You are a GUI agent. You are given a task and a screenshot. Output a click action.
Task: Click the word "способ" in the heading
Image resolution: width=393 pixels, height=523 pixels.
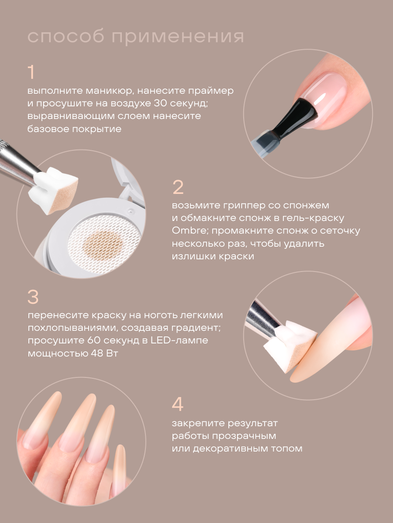point(66,37)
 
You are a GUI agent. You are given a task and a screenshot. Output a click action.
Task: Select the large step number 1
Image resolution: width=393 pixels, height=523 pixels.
point(31,72)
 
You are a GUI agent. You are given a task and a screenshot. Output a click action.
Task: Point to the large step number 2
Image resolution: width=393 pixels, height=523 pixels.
point(178,187)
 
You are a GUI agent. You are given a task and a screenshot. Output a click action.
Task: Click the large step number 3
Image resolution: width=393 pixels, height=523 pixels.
point(33,297)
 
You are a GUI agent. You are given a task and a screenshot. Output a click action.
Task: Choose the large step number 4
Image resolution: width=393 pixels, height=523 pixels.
point(178,404)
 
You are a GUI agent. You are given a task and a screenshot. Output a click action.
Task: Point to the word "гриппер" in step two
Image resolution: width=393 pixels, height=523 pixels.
point(245,206)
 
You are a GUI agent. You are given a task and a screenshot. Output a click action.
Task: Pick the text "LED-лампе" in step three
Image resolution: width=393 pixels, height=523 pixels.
point(179,340)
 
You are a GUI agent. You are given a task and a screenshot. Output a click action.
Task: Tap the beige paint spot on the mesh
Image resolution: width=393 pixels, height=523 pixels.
point(103,244)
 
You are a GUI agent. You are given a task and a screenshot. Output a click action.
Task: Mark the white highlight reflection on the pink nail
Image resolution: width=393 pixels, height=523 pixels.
point(320,99)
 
